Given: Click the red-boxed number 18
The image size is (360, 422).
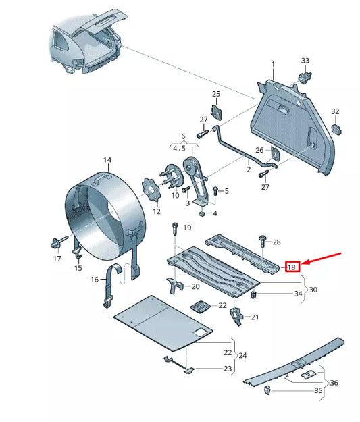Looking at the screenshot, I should tap(292, 267).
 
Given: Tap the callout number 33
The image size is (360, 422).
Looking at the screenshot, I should tap(305, 61).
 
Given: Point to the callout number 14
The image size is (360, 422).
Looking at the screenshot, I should tap(107, 160).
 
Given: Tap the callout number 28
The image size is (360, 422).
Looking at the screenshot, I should tap(277, 241).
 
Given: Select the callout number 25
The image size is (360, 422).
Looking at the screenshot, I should tap(216, 94).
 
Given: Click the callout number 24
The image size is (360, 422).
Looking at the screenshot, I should tap(242, 355).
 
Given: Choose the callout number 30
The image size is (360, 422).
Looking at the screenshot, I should tap(313, 290).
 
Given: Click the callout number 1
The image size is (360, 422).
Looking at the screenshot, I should tap(274, 65).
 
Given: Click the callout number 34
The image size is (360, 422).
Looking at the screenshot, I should tap(298, 294).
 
